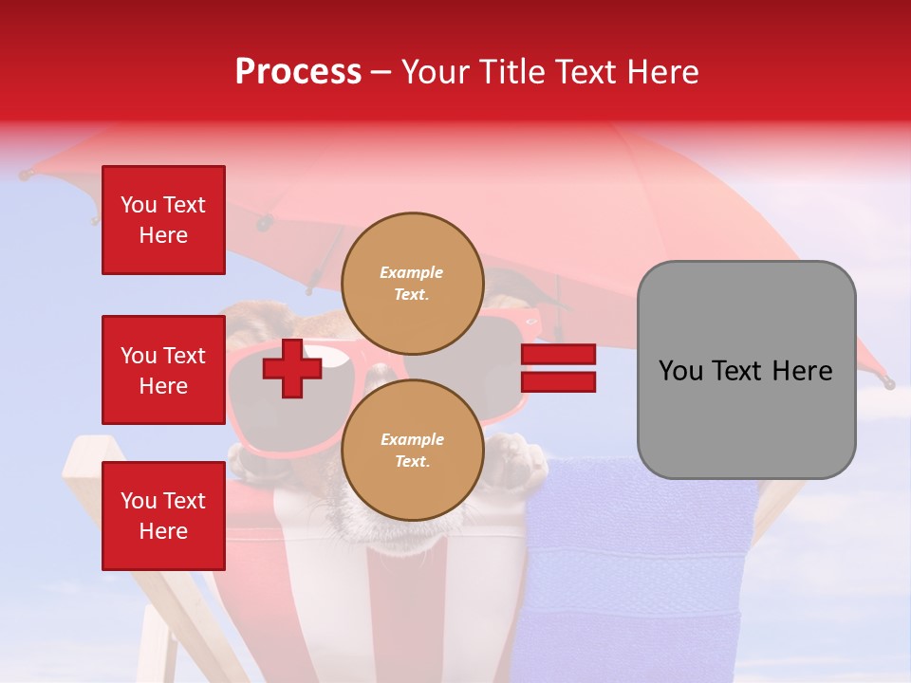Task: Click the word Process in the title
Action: click(298, 72)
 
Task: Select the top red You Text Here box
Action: click(163, 220)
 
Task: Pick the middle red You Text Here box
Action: click(163, 370)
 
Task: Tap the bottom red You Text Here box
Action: click(163, 516)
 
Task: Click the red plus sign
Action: click(292, 368)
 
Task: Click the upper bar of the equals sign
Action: click(558, 355)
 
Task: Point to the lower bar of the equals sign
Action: click(558, 382)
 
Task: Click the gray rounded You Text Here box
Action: click(746, 370)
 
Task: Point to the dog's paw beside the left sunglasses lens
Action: click(249, 459)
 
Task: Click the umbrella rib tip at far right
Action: click(889, 384)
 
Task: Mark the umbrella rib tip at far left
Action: click(24, 175)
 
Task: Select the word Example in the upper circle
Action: click(412, 272)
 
